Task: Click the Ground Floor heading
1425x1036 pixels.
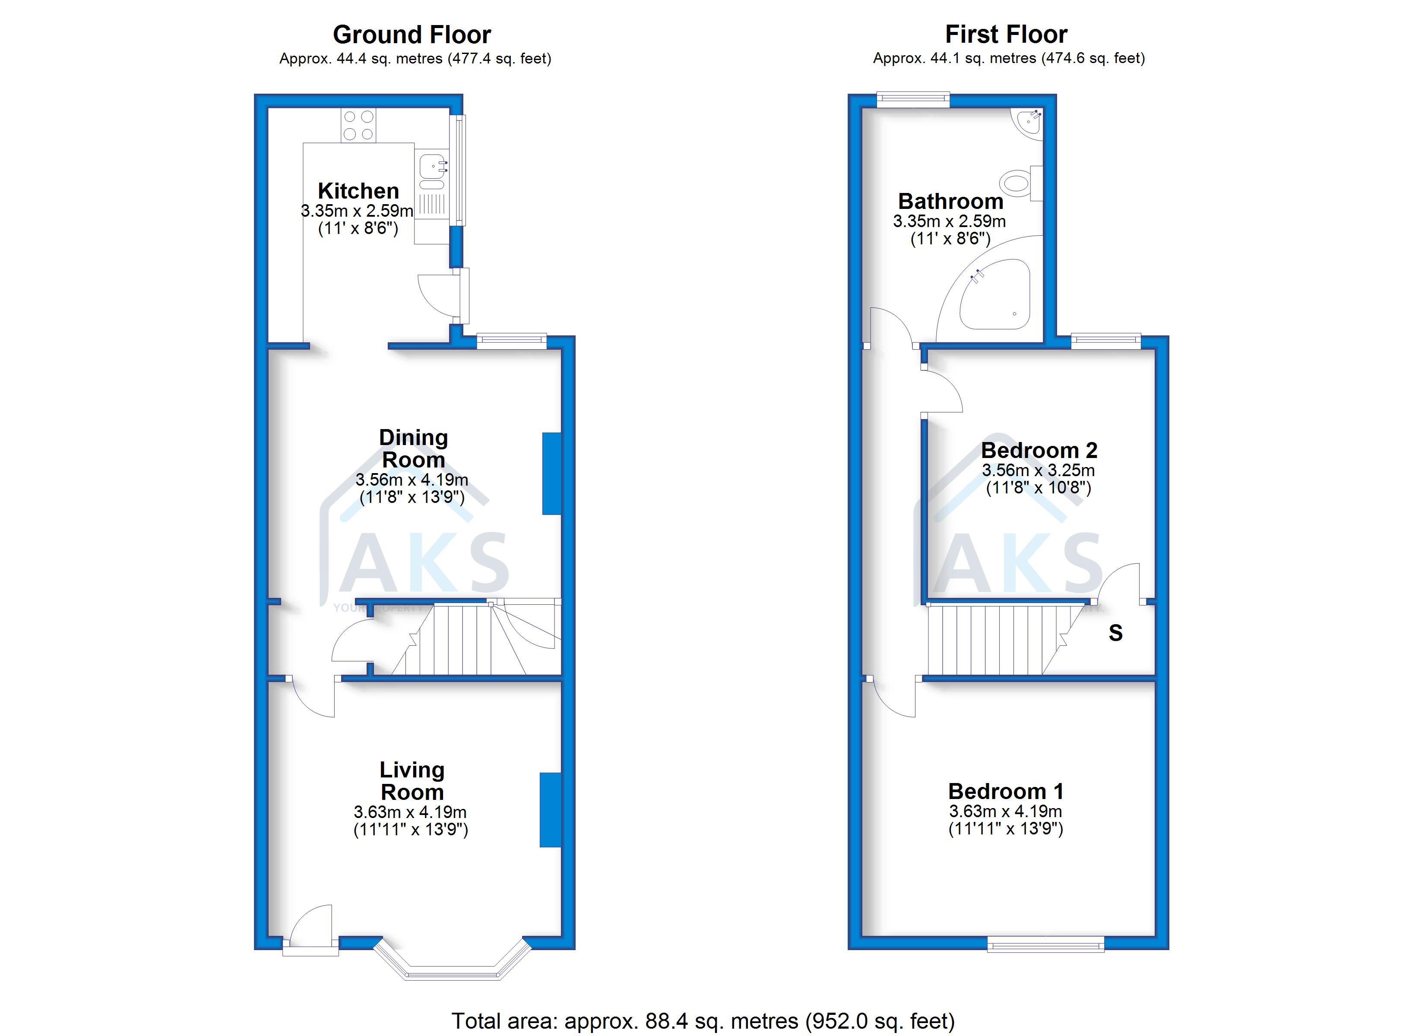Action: point(412,35)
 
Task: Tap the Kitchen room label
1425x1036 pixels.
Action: point(358,190)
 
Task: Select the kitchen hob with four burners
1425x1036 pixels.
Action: point(358,125)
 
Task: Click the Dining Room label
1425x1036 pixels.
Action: point(413,449)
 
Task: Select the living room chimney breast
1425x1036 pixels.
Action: point(550,809)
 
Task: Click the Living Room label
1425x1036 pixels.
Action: point(412,781)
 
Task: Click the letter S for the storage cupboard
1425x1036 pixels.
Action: point(1115,633)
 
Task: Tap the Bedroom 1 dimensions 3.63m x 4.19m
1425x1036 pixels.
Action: point(1005,811)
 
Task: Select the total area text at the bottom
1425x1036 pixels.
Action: point(703,1021)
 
